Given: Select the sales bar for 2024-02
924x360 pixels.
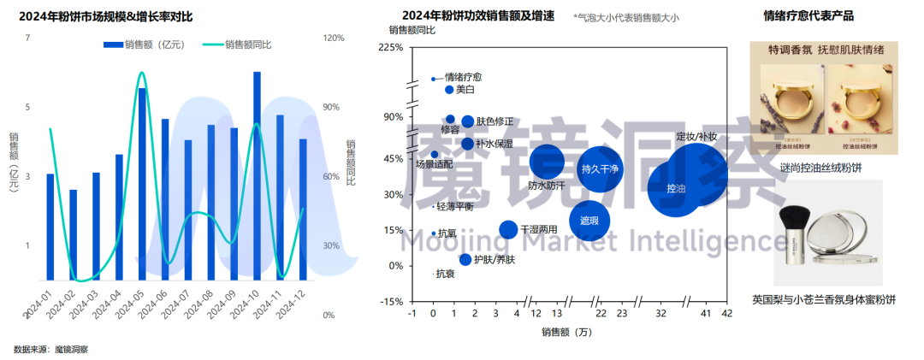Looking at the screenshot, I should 74,234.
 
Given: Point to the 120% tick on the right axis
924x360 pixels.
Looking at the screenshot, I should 334,38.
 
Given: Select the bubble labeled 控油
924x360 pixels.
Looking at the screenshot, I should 676,187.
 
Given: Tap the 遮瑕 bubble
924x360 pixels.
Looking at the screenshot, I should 589,221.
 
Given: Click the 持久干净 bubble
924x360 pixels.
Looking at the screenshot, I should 599,168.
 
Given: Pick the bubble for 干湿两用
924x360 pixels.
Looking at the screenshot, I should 508,229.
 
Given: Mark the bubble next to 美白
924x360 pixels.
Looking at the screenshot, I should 449,90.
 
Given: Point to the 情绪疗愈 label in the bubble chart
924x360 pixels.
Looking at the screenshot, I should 463,77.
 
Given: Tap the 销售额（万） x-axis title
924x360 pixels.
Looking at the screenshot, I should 566,332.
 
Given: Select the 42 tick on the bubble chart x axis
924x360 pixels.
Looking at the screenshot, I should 726,314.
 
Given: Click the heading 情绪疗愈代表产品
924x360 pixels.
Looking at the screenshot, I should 808,15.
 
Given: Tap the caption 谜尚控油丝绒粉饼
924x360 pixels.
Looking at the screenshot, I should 820,168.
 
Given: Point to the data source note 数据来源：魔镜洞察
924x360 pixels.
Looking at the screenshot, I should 50,349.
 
